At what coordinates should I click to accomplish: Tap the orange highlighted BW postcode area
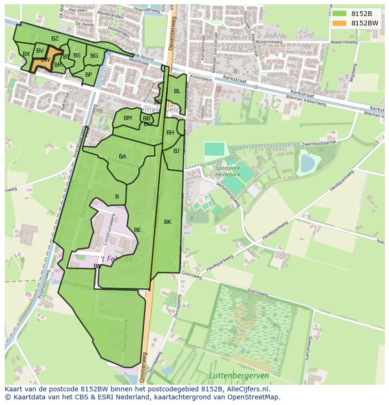point(45,60)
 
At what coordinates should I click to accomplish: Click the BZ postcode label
point(55,39)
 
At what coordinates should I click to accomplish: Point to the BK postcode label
point(168,222)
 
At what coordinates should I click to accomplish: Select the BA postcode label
point(123,157)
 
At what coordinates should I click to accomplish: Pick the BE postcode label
point(138,230)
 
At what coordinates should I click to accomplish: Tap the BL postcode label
point(177,91)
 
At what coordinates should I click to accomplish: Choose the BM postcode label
point(128,118)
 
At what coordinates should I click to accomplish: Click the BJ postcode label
point(176,151)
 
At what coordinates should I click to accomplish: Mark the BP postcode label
point(88,75)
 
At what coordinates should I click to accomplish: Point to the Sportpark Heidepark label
point(228,171)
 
